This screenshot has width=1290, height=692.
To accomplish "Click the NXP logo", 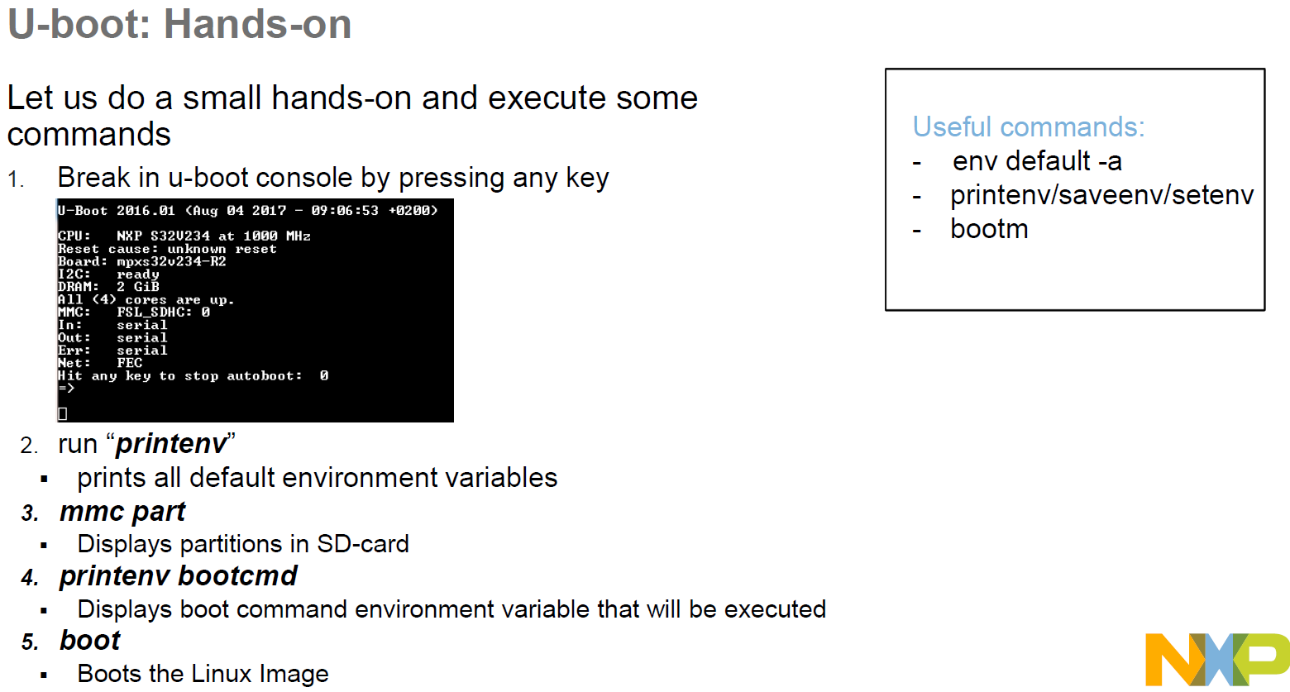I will point(1216,659).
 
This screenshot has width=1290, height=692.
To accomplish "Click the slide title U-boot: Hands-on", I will point(179,24).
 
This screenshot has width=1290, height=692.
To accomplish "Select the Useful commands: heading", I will point(1028,126).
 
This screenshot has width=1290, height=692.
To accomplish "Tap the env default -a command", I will point(1036,161).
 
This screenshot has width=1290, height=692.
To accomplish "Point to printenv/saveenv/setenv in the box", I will point(1101,195).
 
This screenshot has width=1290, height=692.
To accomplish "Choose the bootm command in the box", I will point(988,229).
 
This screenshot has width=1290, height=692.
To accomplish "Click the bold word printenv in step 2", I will point(171,444).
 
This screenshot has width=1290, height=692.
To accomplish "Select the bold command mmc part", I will point(122,512).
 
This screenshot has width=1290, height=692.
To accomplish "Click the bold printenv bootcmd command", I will point(178,576).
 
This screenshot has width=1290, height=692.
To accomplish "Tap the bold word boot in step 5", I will point(90,641).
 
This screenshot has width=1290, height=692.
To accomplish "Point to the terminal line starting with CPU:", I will point(184,236).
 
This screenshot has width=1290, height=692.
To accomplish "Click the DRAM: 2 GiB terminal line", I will point(108,287).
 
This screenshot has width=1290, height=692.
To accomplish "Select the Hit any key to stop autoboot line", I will point(193,376).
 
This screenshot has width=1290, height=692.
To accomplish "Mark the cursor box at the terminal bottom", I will point(63,413).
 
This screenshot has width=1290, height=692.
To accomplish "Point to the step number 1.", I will point(16,179).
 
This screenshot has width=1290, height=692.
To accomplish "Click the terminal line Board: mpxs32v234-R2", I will point(141,262).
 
